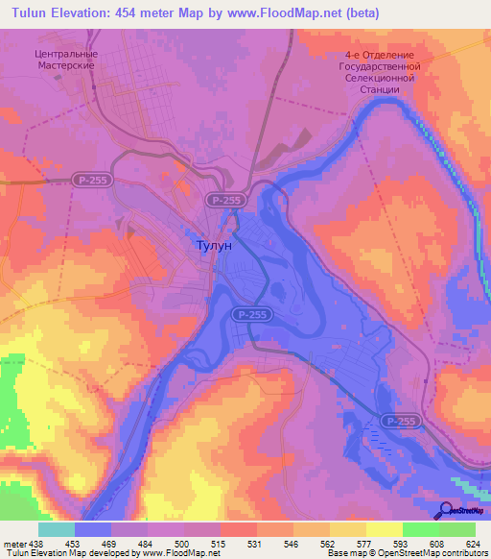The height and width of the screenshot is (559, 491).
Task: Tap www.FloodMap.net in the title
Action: [285, 13]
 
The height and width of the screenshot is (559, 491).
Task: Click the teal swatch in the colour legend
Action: [56, 529]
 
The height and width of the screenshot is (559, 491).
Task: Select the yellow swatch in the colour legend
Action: [384, 529]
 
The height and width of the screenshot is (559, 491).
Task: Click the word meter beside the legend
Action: [12, 544]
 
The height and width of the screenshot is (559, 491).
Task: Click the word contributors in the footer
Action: [465, 554]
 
